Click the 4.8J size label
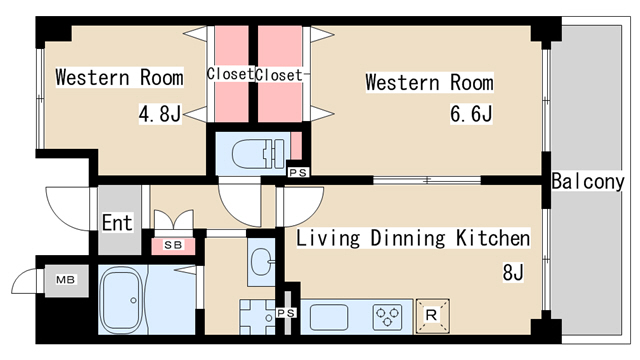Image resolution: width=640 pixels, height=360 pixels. [159, 114]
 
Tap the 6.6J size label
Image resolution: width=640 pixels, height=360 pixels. [470, 114]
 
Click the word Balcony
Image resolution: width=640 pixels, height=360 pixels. [587, 182]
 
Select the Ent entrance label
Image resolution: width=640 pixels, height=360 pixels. [115, 223]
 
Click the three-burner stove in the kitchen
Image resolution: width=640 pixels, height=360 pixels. [387, 316]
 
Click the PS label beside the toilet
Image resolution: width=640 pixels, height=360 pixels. [296, 172]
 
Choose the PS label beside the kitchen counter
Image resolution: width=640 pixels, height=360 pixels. [286, 313]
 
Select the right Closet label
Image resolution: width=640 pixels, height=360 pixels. [279, 74]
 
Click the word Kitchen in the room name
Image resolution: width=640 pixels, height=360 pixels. [493, 238]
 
